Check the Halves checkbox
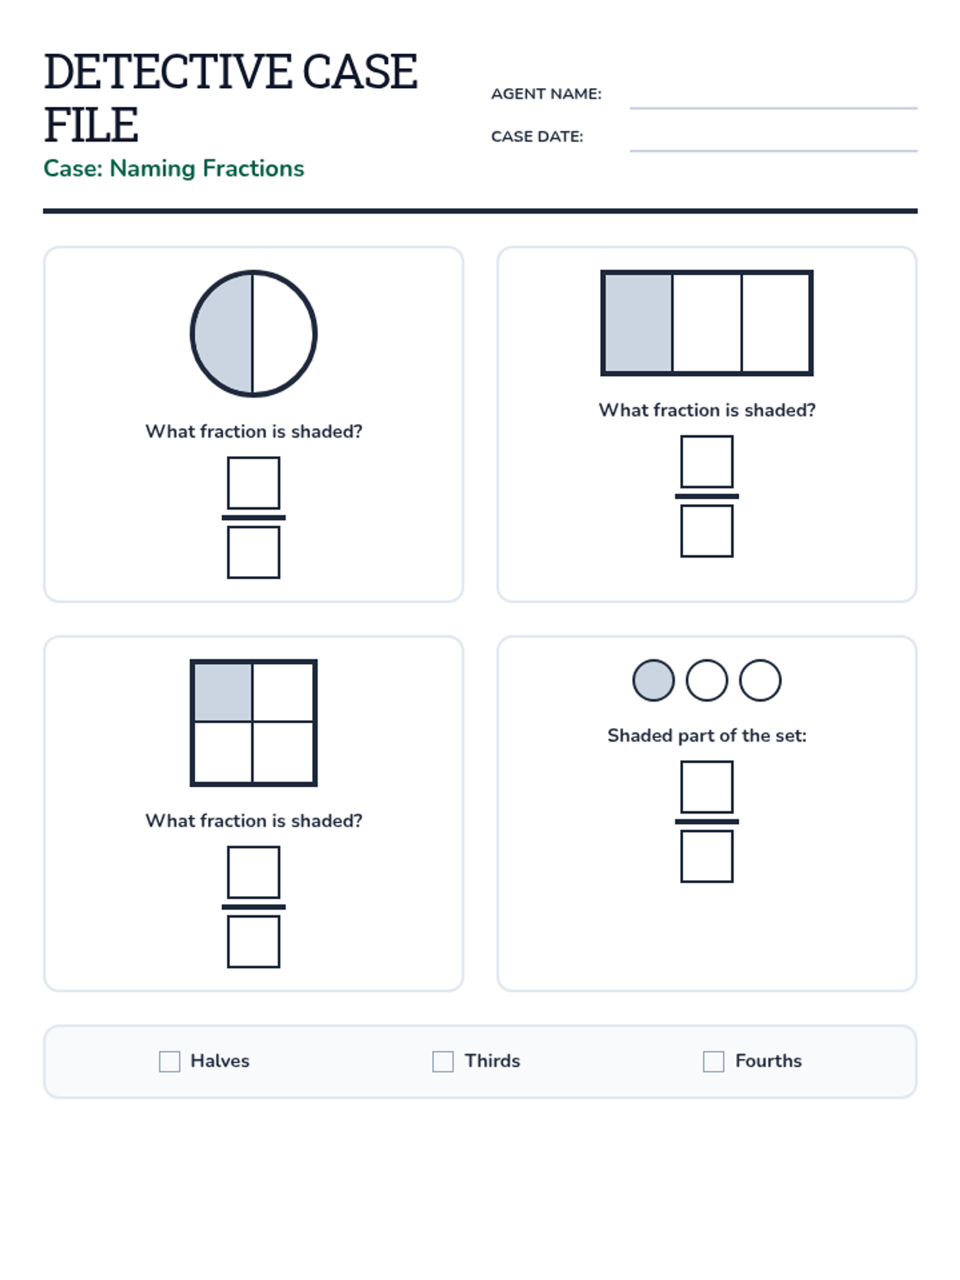pyautogui.click(x=170, y=1062)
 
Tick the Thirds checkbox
pyautogui.click(x=443, y=1062)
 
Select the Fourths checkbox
pyautogui.click(x=714, y=1062)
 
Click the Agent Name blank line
pyautogui.click(x=774, y=108)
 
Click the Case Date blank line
pyautogui.click(x=774, y=150)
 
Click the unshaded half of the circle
pyautogui.click(x=285, y=334)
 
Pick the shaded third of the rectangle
pyautogui.click(x=638, y=323)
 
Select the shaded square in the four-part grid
pyautogui.click(x=222, y=692)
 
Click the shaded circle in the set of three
pyautogui.click(x=654, y=680)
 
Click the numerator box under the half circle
pyautogui.click(x=254, y=483)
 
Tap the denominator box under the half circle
pyautogui.click(x=254, y=552)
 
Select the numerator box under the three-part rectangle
pyautogui.click(x=707, y=462)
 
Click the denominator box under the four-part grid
pyautogui.click(x=254, y=942)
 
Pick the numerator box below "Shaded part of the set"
pyautogui.click(x=707, y=786)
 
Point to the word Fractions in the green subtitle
pyautogui.click(x=253, y=169)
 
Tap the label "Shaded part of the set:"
pyautogui.click(x=707, y=735)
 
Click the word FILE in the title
pyautogui.click(x=91, y=125)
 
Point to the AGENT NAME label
pyautogui.click(x=546, y=94)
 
